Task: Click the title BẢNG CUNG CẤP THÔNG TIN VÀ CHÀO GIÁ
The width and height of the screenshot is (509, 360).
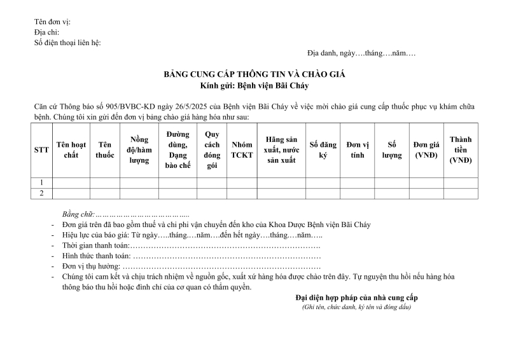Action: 254,74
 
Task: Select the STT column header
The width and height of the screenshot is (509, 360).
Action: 41,150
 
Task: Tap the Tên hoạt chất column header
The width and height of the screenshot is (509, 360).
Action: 71,150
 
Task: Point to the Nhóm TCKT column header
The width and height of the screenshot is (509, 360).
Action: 242,150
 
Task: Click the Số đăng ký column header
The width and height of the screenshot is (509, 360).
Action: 322,150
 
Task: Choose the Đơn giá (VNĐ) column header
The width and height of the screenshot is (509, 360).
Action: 426,150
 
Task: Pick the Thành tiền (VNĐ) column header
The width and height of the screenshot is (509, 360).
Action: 461,150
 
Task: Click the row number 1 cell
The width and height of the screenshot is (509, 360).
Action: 41,183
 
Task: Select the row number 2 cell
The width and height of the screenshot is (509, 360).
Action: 41,193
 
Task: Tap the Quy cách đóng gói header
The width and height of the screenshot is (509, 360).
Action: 212,150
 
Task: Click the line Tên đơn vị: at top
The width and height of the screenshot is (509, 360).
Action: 52,22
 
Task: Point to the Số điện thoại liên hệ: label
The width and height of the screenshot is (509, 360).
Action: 67,43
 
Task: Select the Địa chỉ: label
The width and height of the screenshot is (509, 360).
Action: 46,32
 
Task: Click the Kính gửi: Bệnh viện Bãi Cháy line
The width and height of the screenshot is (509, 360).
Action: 254,85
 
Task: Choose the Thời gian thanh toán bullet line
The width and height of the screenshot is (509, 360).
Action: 191,245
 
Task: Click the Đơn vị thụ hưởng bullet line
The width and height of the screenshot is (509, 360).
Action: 191,266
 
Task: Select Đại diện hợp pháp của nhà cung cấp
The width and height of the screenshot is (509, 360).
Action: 356,298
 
